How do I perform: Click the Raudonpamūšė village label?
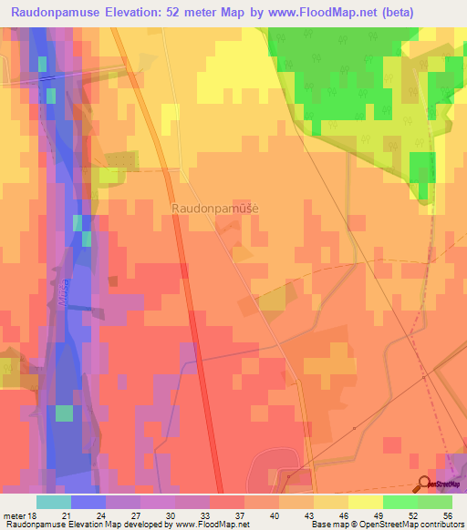(x=215, y=209)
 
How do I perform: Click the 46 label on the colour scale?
(x=342, y=515)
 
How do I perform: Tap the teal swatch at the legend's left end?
(x=53, y=502)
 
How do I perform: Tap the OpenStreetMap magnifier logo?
(x=424, y=484)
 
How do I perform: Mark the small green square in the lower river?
(x=64, y=413)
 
